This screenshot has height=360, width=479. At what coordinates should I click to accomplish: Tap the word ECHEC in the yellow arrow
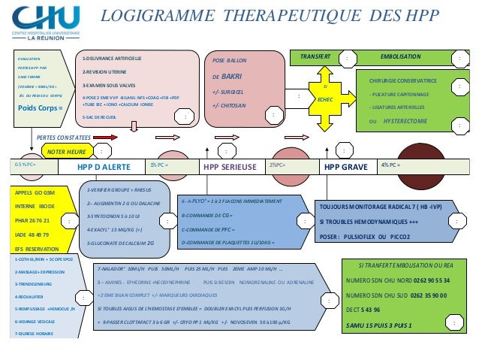[x=325, y=98]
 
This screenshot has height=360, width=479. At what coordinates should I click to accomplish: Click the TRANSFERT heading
[x=315, y=57]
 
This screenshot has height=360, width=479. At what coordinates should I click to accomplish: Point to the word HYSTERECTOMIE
[x=408, y=120]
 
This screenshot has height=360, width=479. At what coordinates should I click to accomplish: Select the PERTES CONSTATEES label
[x=64, y=138]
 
